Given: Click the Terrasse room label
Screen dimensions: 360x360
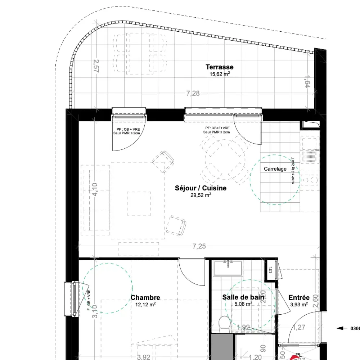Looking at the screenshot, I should pos(219,67).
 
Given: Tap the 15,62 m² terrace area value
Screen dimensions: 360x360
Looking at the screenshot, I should pos(219,74).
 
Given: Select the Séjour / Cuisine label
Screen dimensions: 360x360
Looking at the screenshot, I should pos(201,188).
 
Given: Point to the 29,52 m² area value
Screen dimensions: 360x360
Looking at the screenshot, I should pos(201,195).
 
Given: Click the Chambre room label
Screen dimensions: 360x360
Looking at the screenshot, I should pos(145,298).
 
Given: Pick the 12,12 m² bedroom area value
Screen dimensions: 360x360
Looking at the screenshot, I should pos(145,305).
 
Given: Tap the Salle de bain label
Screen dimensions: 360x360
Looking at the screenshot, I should pos(243,297).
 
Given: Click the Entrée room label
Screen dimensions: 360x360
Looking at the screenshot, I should pos(299,298).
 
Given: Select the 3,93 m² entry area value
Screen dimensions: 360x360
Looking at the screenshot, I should pos(299,305).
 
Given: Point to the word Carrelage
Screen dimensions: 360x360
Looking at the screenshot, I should pos(275,169).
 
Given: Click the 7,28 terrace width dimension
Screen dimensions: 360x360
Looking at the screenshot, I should pos(193,94).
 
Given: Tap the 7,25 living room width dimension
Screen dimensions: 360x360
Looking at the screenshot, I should pos(199,247).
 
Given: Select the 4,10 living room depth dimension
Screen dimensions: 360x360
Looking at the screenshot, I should pos(95,189).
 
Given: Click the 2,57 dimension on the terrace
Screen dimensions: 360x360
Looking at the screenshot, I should pos(96,66).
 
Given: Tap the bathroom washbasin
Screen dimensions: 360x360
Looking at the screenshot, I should pos(228,268).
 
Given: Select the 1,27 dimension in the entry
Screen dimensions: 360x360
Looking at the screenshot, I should pos(298,328).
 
